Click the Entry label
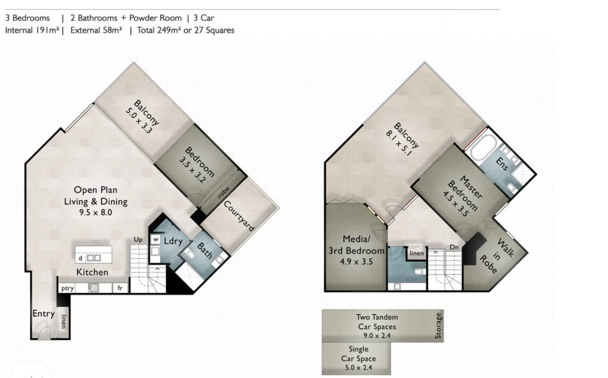(43, 313)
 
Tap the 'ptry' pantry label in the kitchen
(67, 288)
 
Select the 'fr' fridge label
(120, 288)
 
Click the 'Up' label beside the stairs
(138, 240)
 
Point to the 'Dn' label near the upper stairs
(454, 247)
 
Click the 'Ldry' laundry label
(173, 241)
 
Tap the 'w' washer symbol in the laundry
(156, 240)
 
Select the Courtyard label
(239, 216)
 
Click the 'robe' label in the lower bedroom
(224, 192)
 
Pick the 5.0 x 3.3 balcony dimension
(139, 121)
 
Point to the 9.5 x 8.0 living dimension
(95, 212)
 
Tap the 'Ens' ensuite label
(502, 164)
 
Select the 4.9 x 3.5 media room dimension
(356, 262)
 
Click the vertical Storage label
(438, 326)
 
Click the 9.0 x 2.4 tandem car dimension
(377, 336)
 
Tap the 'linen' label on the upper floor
(416, 253)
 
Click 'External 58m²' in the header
(96, 30)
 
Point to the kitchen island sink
(94, 258)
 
